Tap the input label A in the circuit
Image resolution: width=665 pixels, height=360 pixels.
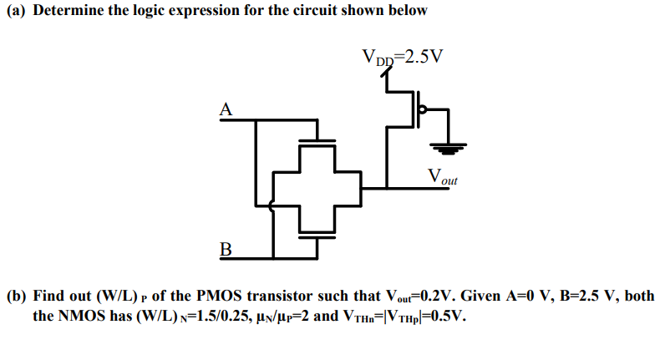point(224,109)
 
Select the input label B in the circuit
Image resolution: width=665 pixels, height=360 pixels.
point(224,247)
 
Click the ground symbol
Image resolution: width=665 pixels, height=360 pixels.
point(449,148)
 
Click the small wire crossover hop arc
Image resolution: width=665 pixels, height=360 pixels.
point(272,205)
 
